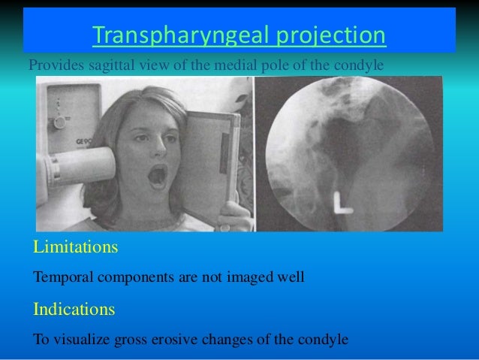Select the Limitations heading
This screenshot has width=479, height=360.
(75, 247)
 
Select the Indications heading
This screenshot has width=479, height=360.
(74, 308)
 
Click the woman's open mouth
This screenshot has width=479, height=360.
(158, 177)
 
